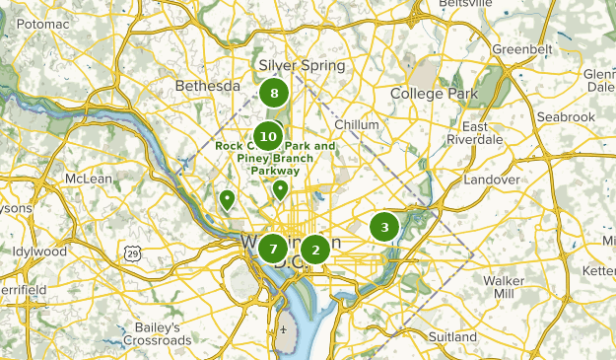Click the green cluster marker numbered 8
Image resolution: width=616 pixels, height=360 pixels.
point(274,95)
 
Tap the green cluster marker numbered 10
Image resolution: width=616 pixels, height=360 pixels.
point(268,135)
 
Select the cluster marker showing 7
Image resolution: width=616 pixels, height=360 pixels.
point(273,249)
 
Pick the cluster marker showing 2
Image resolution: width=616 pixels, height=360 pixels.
point(314,250)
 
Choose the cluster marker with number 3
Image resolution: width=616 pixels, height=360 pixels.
point(384,227)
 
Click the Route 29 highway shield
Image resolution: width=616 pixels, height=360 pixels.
point(133,253)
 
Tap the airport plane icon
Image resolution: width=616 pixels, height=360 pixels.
point(285,329)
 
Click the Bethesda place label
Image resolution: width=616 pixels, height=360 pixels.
point(207,87)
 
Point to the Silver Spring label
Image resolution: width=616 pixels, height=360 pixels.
point(302,66)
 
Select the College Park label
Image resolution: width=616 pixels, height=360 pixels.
point(434,94)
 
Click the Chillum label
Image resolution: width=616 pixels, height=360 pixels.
point(357,125)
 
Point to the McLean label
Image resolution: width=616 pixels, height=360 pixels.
point(89,179)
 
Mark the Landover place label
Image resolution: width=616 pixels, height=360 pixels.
point(491,180)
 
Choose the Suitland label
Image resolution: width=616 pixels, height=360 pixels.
point(452,337)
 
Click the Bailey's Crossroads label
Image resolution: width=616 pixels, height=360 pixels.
point(158,333)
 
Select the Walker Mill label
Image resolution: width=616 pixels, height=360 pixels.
point(504,287)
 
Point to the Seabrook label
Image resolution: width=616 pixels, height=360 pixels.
point(567,117)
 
